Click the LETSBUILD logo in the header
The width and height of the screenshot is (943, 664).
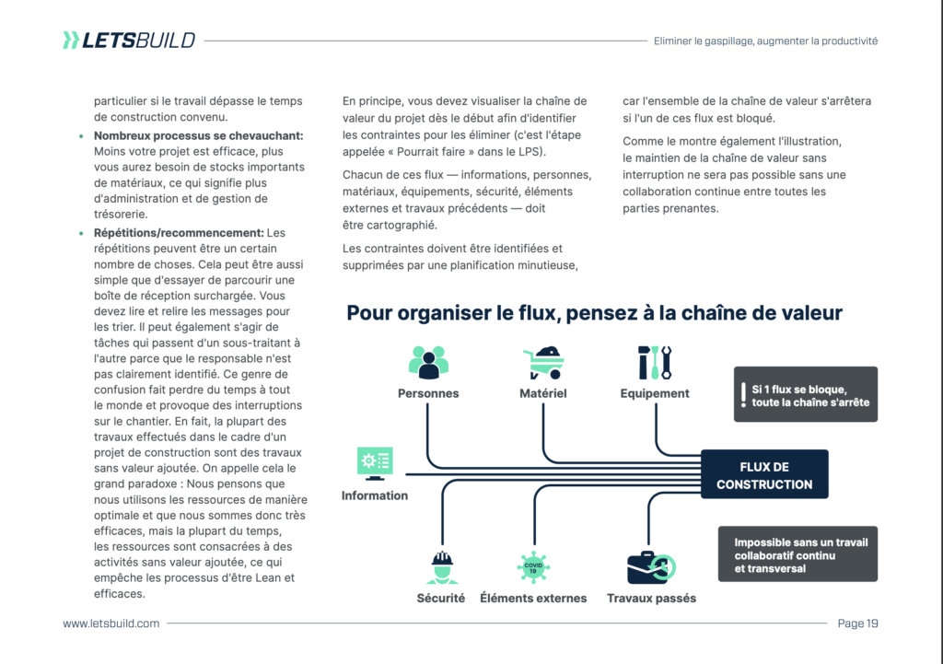(x=129, y=40)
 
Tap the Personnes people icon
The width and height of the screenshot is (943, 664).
(x=428, y=362)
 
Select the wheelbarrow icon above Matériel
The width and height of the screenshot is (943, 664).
(x=543, y=362)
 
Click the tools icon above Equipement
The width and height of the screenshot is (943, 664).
(x=655, y=362)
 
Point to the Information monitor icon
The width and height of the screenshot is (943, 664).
(x=375, y=463)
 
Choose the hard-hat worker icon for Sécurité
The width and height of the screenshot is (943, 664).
(x=441, y=566)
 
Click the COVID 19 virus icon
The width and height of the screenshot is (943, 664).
(x=533, y=566)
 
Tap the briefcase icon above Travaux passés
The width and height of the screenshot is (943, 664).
(x=651, y=566)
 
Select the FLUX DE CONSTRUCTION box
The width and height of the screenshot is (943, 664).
(x=764, y=475)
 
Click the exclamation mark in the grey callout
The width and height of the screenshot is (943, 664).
(x=743, y=394)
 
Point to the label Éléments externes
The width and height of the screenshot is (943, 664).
(x=533, y=599)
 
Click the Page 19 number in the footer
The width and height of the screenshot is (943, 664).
(x=857, y=623)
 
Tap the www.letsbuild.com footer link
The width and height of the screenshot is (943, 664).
(x=111, y=623)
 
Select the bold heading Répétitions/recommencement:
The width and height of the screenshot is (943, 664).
(x=179, y=233)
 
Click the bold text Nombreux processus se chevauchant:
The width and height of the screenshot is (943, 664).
(x=198, y=135)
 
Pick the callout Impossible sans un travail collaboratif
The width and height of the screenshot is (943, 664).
(x=797, y=555)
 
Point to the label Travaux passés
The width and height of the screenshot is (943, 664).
(x=651, y=599)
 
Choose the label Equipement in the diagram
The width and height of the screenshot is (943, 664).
(x=655, y=393)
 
